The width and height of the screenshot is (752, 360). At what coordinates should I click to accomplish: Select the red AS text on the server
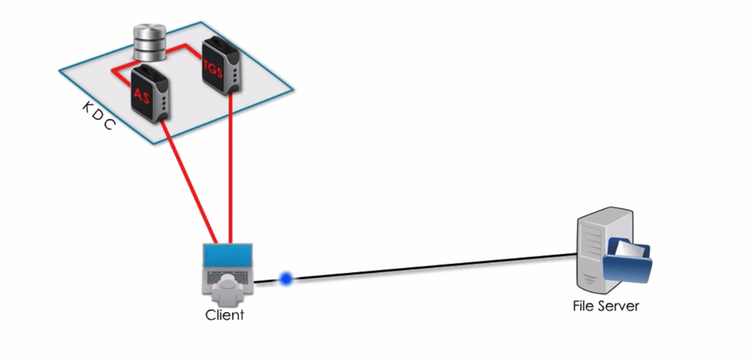pos(142,94)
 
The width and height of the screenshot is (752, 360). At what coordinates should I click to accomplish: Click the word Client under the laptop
pos(224,314)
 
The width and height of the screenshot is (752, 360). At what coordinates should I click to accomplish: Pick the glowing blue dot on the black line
pos(286,279)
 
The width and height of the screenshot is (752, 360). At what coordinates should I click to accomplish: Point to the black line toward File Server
pos(432,267)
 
